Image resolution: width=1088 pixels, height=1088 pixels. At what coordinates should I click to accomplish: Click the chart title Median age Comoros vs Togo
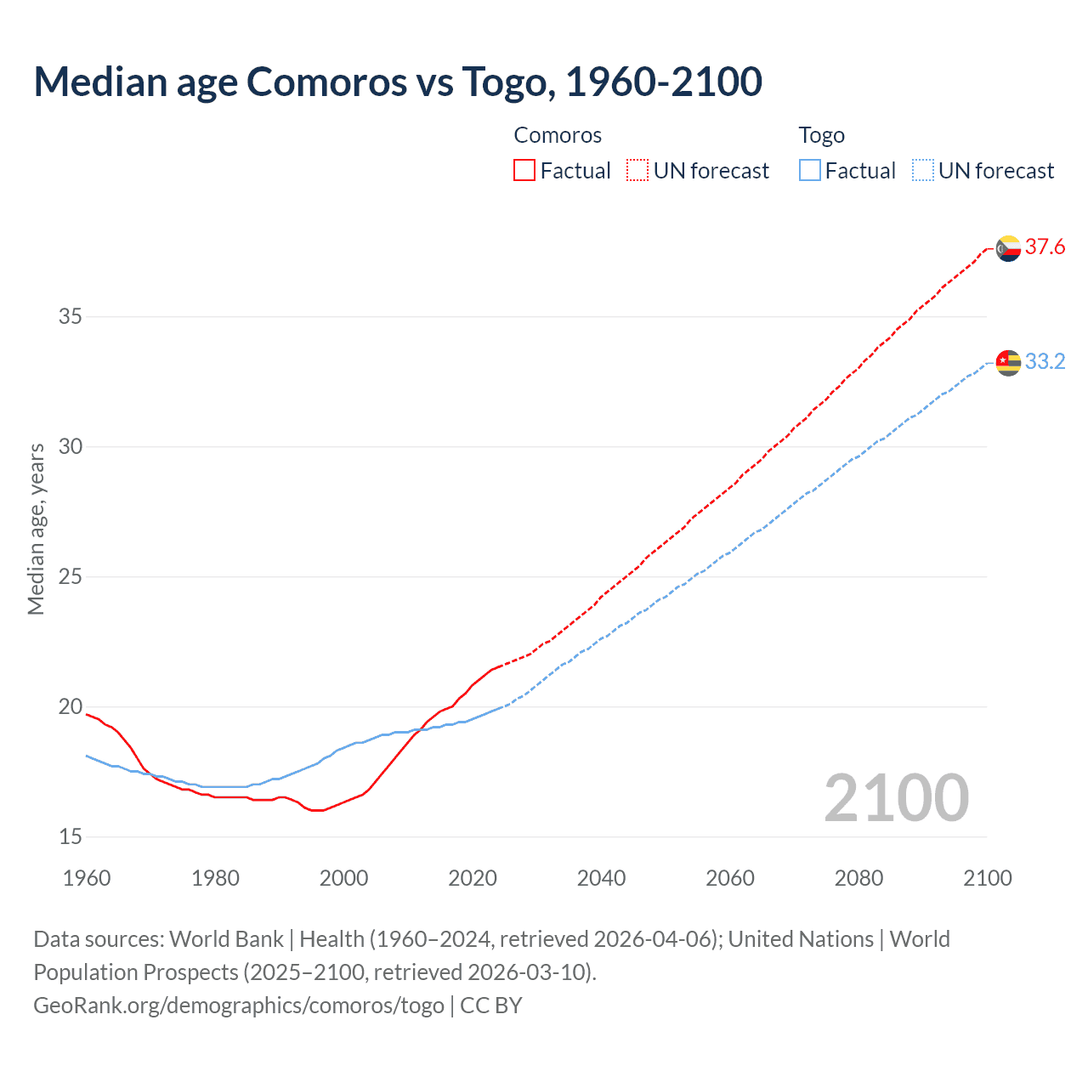tap(397, 82)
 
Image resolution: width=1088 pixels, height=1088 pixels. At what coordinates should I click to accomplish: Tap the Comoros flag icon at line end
tap(1008, 248)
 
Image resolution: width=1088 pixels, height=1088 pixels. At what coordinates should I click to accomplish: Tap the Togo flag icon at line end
tap(1008, 362)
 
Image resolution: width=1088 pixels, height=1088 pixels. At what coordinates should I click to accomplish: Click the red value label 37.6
tap(1045, 247)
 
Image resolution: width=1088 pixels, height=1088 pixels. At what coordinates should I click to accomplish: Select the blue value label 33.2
tap(1045, 362)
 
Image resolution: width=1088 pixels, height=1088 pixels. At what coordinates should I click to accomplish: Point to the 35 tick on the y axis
tap(71, 317)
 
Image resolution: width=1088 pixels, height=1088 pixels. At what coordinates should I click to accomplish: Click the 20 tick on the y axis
tap(71, 707)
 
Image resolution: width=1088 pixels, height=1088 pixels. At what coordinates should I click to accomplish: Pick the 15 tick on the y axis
tap(71, 837)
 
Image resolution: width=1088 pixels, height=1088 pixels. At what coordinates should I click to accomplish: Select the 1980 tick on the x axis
tap(215, 878)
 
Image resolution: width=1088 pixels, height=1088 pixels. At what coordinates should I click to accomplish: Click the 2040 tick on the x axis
tap(601, 878)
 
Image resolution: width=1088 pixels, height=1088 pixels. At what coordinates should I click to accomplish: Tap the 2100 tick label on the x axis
tap(987, 878)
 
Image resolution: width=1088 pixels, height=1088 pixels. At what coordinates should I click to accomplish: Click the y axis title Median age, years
tap(36, 529)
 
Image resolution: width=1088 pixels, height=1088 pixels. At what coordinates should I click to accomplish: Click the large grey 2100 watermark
tap(896, 797)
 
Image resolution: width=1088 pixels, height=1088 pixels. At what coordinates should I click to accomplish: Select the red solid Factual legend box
tap(524, 170)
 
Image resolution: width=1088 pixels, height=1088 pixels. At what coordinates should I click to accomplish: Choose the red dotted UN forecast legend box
tap(637, 170)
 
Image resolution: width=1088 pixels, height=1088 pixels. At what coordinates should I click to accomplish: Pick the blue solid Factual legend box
tap(810, 170)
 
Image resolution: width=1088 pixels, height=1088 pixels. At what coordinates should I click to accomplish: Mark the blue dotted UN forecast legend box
tap(923, 170)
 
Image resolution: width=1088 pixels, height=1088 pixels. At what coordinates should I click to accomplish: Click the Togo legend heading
tap(821, 135)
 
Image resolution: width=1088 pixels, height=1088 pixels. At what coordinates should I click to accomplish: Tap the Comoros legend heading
tap(558, 135)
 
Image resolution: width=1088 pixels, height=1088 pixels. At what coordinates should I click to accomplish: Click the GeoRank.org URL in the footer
tap(238, 1006)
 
